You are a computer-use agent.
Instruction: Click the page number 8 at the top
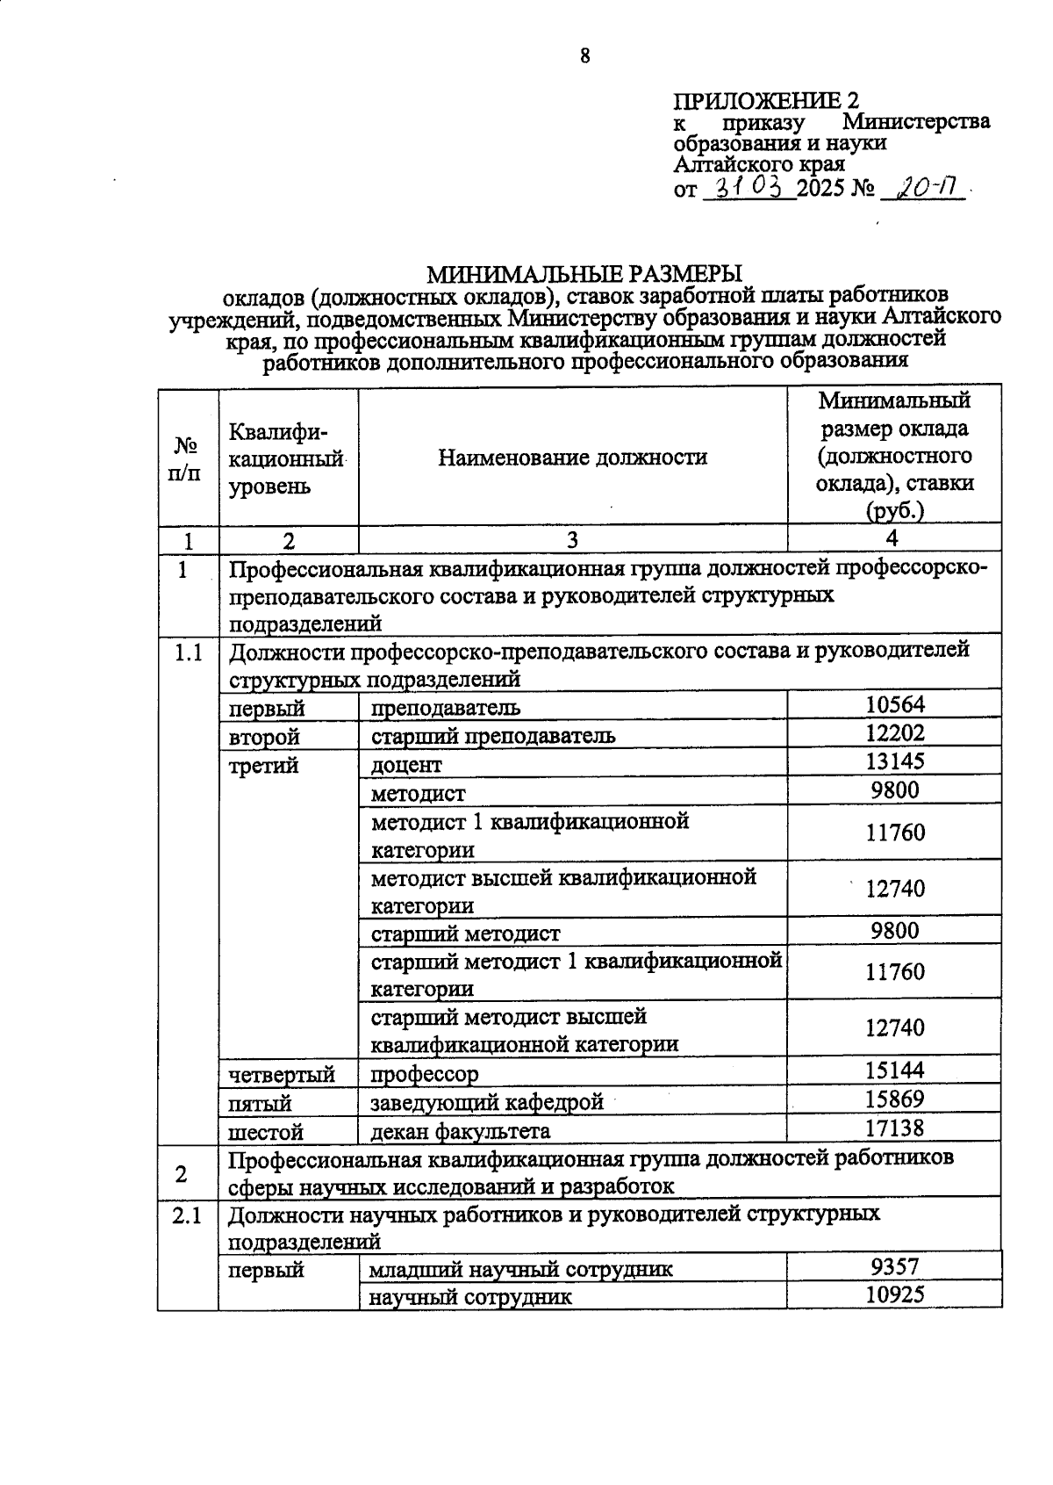pyautogui.click(x=585, y=56)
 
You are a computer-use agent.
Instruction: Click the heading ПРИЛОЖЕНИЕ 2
pyautogui.click(x=765, y=99)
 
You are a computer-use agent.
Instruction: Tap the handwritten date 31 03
pyautogui.click(x=750, y=186)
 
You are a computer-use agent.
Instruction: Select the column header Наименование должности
pyautogui.click(x=572, y=458)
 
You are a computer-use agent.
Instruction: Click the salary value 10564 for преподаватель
pyautogui.click(x=894, y=704)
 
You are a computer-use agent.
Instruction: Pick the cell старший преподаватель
pyautogui.click(x=492, y=735)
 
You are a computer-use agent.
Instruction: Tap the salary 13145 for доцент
pyautogui.click(x=894, y=761)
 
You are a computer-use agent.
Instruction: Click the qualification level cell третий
pyautogui.click(x=263, y=766)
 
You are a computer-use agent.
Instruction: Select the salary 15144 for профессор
pyautogui.click(x=894, y=1070)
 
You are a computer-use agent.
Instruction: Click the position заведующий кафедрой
pyautogui.click(x=487, y=1101)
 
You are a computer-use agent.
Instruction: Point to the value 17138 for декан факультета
pyautogui.click(x=894, y=1128)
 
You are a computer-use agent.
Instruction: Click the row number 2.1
pyautogui.click(x=186, y=1216)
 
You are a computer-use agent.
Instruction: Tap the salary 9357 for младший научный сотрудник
pyautogui.click(x=894, y=1265)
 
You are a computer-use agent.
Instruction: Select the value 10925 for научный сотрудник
pyautogui.click(x=894, y=1294)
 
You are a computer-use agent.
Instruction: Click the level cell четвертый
pyautogui.click(x=282, y=1074)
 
